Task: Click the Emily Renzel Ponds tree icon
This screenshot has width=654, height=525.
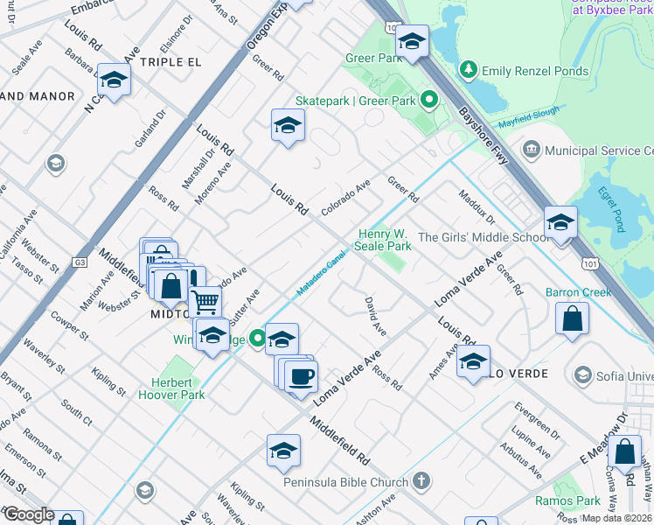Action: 470,71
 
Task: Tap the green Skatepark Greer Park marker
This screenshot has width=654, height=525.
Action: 428,101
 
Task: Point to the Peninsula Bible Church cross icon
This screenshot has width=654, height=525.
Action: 421,481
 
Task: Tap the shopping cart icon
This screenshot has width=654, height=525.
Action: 205,303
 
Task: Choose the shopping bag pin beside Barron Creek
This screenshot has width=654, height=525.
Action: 572,320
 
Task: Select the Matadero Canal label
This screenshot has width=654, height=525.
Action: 320,274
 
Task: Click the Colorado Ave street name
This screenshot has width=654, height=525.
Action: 346,197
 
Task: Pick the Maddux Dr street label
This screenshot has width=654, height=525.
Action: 477,208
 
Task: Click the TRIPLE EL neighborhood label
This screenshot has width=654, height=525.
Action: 170,62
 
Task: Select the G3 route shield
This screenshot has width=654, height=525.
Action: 80,262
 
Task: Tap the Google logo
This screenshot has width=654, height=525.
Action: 28,514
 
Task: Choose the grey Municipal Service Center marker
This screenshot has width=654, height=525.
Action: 530,150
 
